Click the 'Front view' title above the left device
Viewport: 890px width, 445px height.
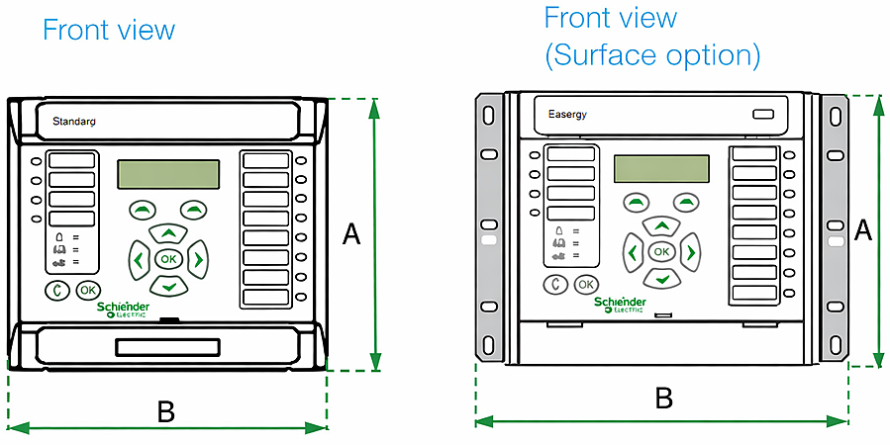(108, 30)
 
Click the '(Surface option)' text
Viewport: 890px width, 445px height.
(652, 55)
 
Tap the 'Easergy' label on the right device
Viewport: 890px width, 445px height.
(567, 115)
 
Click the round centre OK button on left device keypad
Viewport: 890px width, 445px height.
(168, 259)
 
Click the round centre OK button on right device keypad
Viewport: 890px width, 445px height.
(661, 252)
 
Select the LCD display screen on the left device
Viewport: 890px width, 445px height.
(168, 174)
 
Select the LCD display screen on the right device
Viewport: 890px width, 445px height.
(661, 169)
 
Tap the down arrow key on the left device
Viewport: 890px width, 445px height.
(168, 286)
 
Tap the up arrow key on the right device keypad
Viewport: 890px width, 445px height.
(661, 226)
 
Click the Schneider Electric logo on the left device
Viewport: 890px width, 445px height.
(124, 311)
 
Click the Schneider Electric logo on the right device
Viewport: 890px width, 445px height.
(620, 304)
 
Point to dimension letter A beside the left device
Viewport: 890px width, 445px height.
(351, 234)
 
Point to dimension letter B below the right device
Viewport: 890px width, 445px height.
(664, 399)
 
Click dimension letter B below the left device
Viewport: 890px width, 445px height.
(166, 411)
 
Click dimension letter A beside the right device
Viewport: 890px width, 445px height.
(862, 230)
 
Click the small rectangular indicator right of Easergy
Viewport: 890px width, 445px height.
(762, 115)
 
